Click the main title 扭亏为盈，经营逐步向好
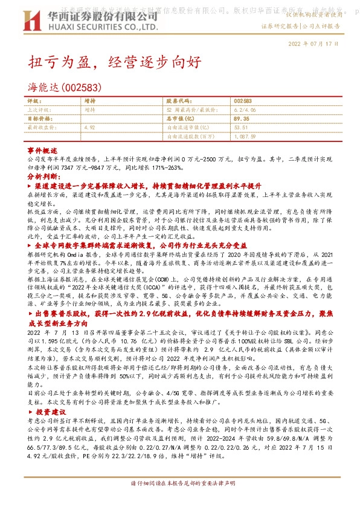(112, 62)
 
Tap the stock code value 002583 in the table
(242, 101)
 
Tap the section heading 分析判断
(42, 176)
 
